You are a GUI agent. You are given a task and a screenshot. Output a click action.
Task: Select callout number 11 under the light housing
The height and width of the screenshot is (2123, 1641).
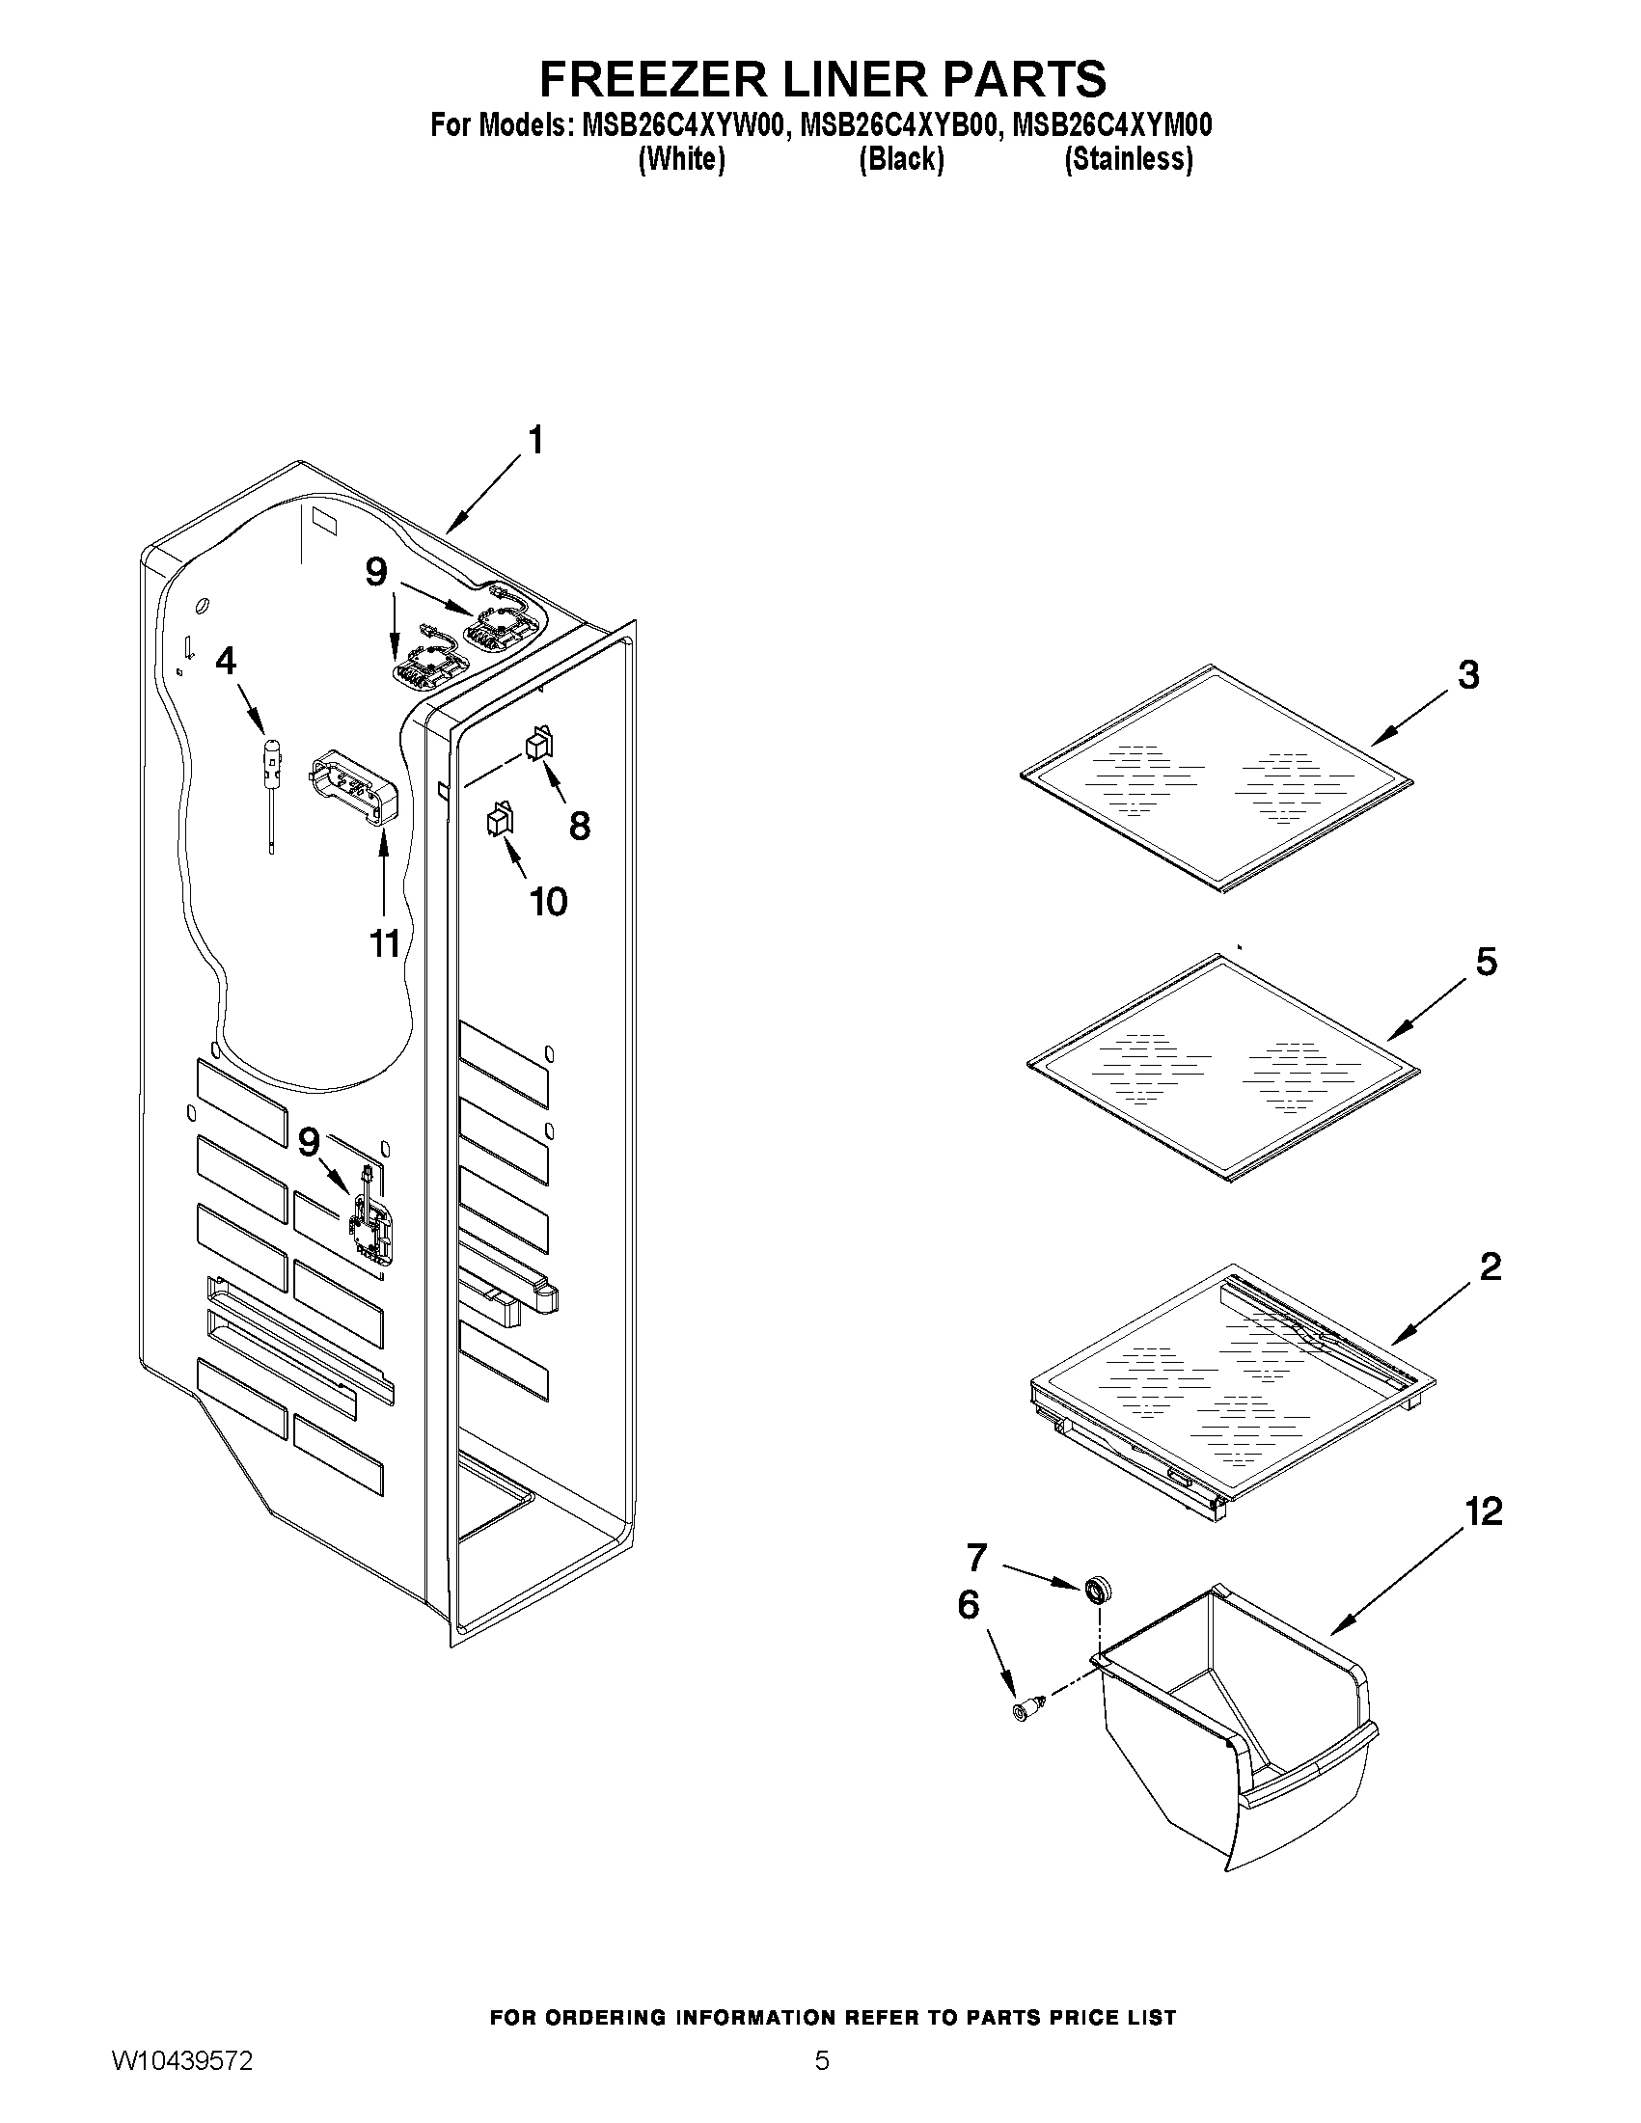click(385, 942)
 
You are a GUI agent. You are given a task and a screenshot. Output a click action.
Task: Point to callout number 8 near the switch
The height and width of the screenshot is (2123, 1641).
click(580, 826)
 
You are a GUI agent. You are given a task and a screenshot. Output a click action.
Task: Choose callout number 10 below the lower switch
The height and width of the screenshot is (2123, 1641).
click(548, 901)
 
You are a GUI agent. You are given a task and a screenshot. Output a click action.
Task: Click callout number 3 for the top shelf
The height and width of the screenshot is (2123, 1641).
click(1468, 674)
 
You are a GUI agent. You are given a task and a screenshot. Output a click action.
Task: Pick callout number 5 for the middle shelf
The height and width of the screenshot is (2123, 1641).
click(1487, 962)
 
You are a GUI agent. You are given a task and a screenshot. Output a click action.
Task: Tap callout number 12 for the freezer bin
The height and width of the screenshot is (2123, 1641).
click(1485, 1511)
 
